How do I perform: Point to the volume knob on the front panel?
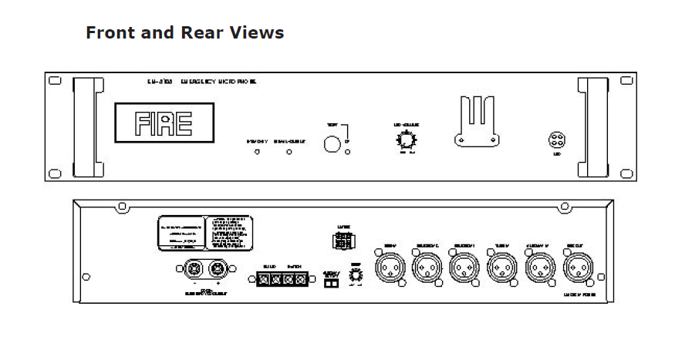tap(405, 140)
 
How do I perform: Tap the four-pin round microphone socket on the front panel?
tap(556, 140)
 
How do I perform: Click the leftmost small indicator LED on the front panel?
tap(257, 152)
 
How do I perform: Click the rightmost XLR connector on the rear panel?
tap(578, 270)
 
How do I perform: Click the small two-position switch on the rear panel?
tap(330, 284)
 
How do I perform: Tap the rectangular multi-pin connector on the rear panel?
tap(344, 240)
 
